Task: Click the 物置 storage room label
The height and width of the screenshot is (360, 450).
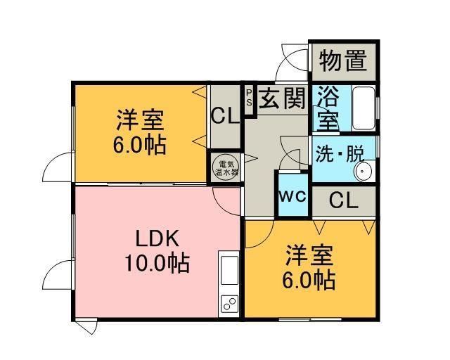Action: [344, 62]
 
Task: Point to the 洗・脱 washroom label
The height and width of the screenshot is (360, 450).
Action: [336, 153]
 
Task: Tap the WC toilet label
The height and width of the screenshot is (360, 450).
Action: [294, 196]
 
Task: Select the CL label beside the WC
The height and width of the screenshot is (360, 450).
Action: [344, 200]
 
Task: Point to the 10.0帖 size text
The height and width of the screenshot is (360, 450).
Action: [157, 264]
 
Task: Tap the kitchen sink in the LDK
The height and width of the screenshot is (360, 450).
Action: [230, 271]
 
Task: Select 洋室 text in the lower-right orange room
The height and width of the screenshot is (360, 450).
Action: [309, 254]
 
